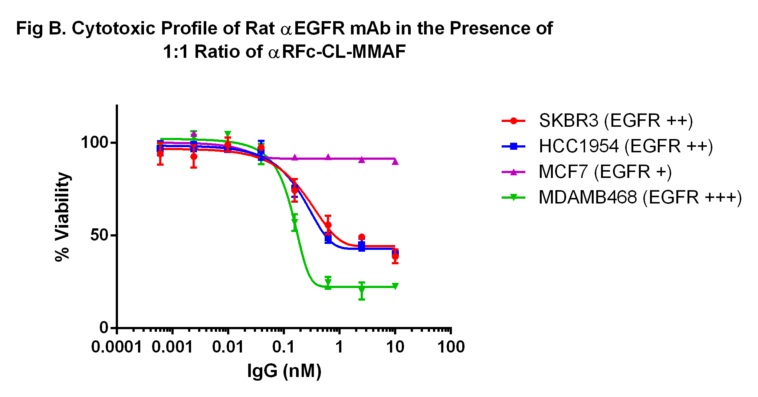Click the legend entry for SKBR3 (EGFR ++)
616,120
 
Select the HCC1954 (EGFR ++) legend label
626,146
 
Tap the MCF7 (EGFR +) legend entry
605,172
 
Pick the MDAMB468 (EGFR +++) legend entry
640,197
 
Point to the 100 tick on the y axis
94,142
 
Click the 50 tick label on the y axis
99,235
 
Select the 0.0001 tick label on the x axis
117,347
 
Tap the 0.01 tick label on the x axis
228,347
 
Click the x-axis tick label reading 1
339,347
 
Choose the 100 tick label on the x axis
451,347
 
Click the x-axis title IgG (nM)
284,371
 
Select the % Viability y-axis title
62,217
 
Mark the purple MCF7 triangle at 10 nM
395,161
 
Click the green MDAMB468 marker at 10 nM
395,286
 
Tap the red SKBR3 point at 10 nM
395,256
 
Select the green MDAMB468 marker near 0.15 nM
295,222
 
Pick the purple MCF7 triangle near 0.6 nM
328,157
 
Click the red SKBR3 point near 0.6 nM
328,225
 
